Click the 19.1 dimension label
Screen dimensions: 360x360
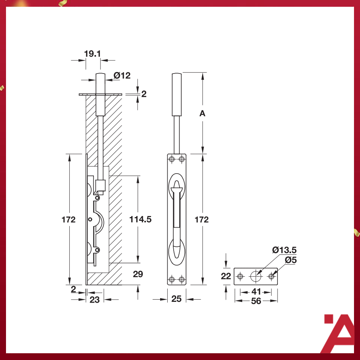(x=92, y=54)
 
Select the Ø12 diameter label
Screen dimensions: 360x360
(x=122, y=76)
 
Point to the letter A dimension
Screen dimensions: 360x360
(x=202, y=113)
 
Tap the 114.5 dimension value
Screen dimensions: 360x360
(x=140, y=219)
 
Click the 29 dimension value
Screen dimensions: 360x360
(x=138, y=274)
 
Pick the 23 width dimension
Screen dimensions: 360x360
(x=95, y=300)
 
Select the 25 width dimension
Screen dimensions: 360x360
(x=176, y=299)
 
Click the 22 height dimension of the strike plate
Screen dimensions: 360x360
(x=226, y=276)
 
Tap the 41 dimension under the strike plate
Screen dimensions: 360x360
(x=256, y=292)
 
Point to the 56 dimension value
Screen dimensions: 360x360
(x=256, y=301)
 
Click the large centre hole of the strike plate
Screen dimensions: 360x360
(x=256, y=276)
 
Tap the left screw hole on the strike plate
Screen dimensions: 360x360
(x=240, y=277)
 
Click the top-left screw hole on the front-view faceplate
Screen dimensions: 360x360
(x=172, y=159)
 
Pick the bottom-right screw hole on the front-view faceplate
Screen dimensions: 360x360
(x=182, y=279)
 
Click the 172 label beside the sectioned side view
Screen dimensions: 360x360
(x=69, y=220)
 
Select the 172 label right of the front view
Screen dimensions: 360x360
(x=202, y=220)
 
